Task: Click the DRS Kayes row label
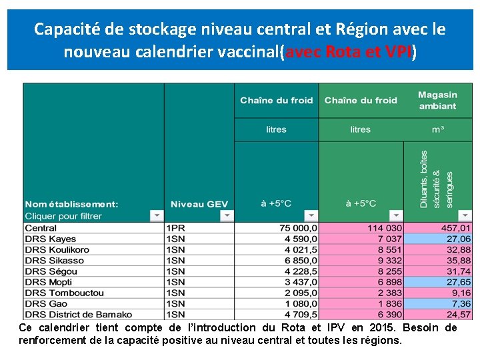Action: [x=51, y=239]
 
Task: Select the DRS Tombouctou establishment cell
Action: [x=64, y=293]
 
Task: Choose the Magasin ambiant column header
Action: [x=437, y=101]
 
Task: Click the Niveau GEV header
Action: [x=199, y=204]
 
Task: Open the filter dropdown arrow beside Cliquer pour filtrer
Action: [x=156, y=215]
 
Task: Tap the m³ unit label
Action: [x=437, y=129]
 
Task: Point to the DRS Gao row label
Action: [x=45, y=303]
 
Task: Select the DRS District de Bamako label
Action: [x=78, y=314]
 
